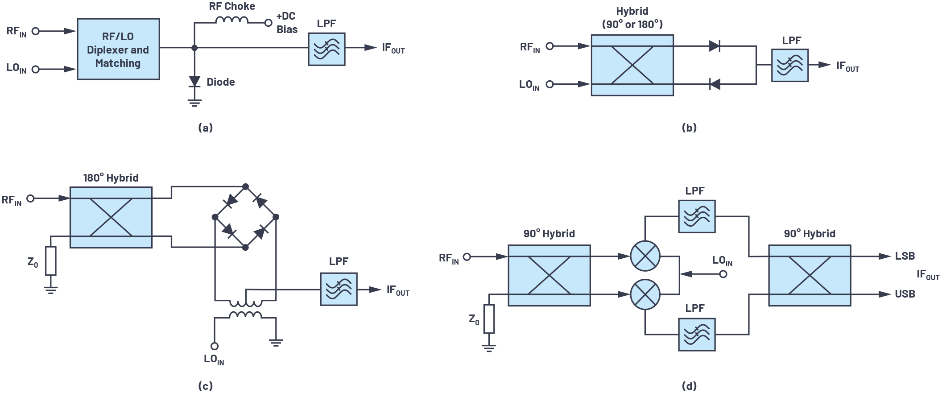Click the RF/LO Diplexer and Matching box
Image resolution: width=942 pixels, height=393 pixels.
(x=118, y=49)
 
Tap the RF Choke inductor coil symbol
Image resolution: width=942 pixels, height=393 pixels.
(x=232, y=20)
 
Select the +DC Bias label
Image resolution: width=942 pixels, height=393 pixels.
(x=286, y=23)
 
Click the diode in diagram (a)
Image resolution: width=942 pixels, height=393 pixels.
(x=194, y=81)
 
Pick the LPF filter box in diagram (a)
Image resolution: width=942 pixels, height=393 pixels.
(x=326, y=49)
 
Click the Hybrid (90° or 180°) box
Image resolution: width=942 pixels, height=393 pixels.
(x=632, y=65)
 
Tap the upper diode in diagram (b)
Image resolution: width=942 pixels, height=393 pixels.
(x=714, y=46)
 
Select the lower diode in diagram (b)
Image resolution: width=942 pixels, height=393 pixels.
(x=715, y=84)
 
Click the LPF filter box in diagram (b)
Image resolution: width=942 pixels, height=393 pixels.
(x=789, y=65)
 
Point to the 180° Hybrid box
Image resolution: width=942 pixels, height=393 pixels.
(x=111, y=217)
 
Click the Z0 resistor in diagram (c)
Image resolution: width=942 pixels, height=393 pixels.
(x=51, y=261)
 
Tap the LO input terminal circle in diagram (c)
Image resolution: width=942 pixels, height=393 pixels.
(x=215, y=346)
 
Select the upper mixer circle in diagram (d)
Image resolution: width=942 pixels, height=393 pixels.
(x=645, y=256)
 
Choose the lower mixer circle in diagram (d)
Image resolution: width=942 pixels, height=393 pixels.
(x=645, y=294)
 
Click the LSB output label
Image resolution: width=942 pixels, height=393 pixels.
(x=905, y=256)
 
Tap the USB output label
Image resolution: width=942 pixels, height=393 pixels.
(x=905, y=294)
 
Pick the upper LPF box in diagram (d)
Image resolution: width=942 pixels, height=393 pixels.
(x=697, y=216)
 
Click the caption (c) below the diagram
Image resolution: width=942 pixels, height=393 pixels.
(x=205, y=386)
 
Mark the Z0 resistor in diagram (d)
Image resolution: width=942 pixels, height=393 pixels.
(x=489, y=319)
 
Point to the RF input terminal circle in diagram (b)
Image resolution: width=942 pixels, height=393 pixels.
(x=550, y=46)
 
